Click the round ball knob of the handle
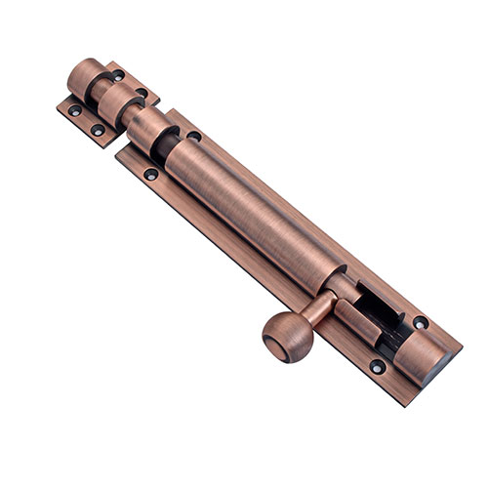click(284, 339)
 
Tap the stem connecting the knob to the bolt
click(314, 311)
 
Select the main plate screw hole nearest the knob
click(377, 367)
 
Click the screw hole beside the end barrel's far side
click(420, 322)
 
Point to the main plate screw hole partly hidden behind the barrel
click(194, 137)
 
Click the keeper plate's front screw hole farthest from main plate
click(75, 111)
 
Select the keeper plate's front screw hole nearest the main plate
click(98, 129)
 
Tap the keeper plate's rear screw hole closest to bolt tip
click(118, 75)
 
